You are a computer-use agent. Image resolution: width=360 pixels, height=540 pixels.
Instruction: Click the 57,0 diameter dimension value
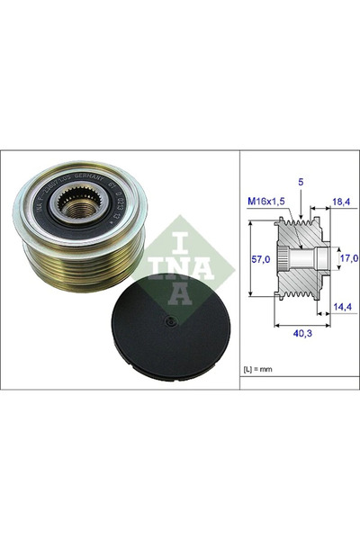[260, 258]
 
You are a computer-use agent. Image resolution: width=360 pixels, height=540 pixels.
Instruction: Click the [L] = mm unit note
[263, 372]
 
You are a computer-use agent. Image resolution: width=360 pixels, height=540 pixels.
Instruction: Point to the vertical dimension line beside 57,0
[247, 258]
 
